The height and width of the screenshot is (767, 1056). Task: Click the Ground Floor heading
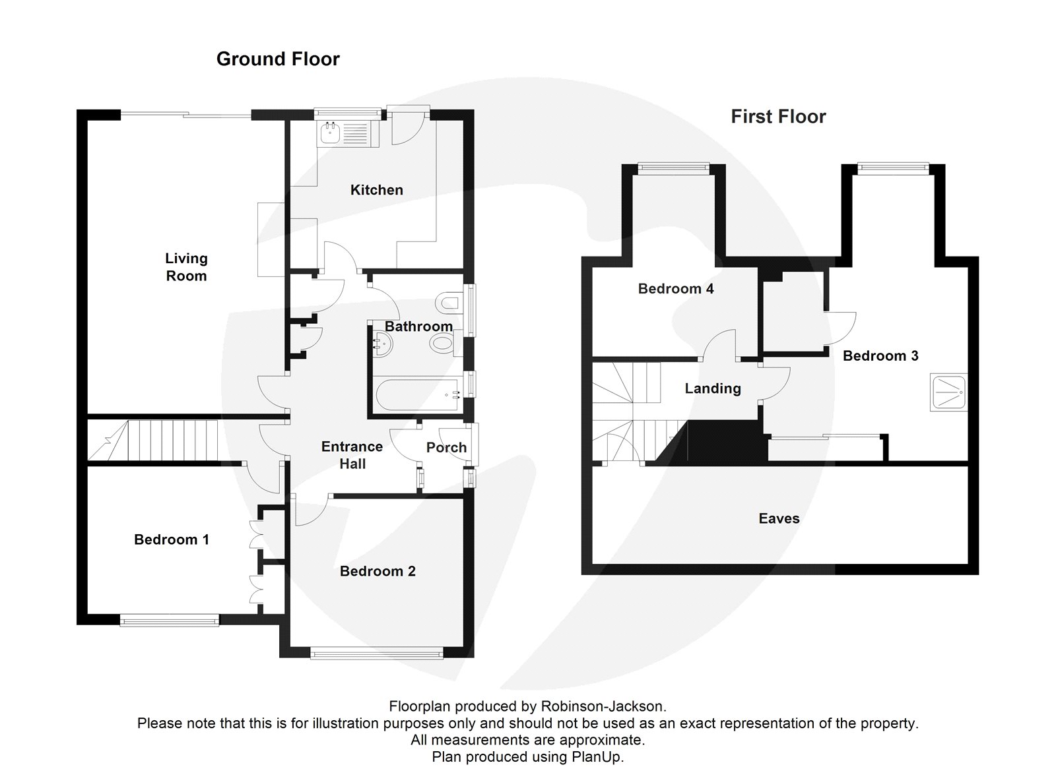(278, 59)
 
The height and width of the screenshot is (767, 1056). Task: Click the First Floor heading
(778, 117)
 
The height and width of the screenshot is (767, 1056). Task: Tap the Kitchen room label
(376, 190)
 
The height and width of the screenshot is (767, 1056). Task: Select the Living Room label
(186, 267)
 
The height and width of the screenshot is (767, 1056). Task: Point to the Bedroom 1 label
(172, 539)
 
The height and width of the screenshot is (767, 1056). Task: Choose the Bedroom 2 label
(378, 571)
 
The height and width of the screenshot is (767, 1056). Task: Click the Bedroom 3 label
(880, 356)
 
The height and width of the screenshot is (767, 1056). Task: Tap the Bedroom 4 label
(676, 289)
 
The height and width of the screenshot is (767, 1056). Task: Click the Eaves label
(779, 518)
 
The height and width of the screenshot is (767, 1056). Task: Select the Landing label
(713, 388)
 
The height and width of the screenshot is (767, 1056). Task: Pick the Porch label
(446, 448)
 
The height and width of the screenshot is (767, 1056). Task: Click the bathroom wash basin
(381, 343)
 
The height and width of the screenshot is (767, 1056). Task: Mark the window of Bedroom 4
(673, 168)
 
